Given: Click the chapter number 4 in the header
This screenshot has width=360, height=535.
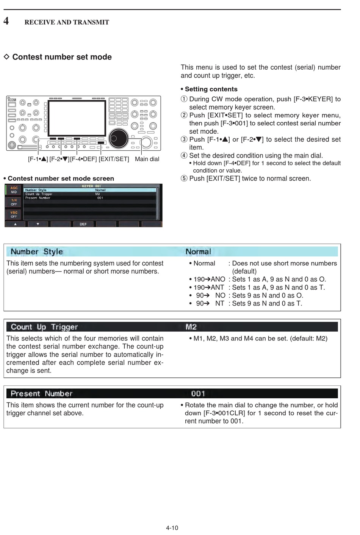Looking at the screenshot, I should (6, 21).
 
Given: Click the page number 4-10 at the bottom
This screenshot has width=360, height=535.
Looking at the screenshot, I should (172, 528).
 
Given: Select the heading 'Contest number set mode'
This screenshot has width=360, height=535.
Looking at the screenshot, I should (62, 57).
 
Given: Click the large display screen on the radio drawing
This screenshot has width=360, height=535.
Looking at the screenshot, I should (77, 117).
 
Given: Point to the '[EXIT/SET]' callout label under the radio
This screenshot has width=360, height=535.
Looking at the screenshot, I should (114, 159).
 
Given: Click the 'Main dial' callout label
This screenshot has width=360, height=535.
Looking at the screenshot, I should (147, 159).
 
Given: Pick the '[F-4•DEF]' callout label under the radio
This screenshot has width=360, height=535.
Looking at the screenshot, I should (83, 159).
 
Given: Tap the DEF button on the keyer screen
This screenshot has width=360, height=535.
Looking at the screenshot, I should (83, 224).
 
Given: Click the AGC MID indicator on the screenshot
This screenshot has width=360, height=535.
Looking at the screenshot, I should (14, 190).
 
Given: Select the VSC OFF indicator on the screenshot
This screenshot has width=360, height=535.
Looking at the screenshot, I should (14, 214).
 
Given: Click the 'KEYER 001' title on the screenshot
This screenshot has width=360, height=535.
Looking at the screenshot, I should (91, 186).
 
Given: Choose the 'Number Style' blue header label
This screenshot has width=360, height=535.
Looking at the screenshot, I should (37, 252).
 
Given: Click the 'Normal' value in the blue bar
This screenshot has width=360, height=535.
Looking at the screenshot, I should (198, 252).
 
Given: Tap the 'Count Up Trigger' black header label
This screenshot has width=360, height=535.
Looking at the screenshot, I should (44, 327).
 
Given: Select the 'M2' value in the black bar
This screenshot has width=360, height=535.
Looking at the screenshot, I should (191, 327).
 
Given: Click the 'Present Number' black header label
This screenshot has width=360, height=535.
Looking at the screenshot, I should (41, 393).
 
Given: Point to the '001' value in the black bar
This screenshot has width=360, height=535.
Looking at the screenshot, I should (198, 393).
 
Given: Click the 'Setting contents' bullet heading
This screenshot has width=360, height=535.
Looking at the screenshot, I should (211, 89).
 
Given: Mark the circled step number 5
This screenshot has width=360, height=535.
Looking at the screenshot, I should (184, 178).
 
